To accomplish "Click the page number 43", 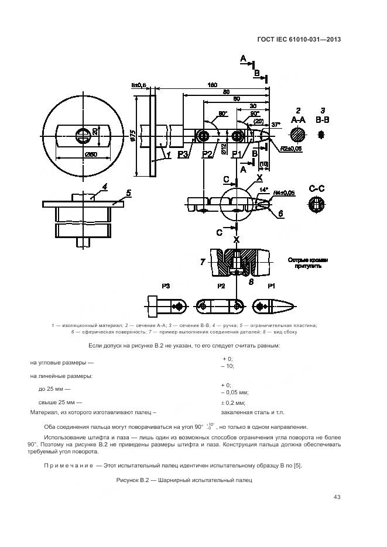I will click(x=337, y=497).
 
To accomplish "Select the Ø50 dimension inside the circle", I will click(x=90, y=154).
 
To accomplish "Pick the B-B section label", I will click(x=322, y=119).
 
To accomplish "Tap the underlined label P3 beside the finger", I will click(x=182, y=154).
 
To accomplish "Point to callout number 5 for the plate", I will click(x=128, y=192).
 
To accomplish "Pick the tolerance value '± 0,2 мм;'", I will click(x=233, y=402).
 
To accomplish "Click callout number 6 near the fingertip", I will click(x=280, y=215).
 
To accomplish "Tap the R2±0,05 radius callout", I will click(x=290, y=149).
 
